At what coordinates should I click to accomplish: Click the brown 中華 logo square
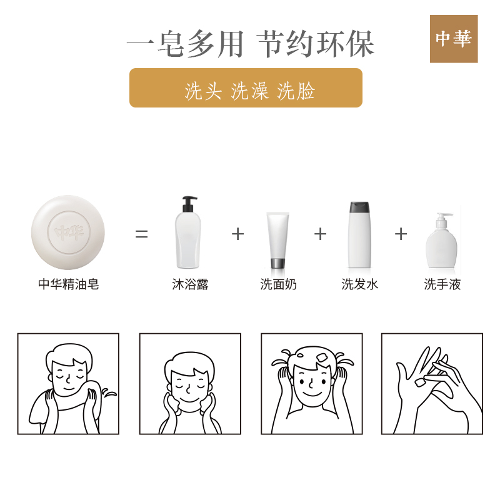click(454, 39)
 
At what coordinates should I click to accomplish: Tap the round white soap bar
click(68, 232)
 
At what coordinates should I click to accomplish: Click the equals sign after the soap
click(142, 234)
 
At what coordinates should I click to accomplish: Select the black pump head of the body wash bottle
click(189, 204)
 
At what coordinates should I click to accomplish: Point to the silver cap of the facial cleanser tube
click(277, 263)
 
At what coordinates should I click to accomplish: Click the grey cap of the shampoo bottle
click(359, 207)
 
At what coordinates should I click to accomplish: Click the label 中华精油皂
click(69, 284)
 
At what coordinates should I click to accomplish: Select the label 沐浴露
click(190, 284)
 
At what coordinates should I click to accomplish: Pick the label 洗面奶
click(278, 284)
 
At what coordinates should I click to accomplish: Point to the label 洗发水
click(360, 284)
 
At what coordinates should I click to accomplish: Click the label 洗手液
click(442, 284)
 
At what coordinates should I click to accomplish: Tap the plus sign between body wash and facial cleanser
click(238, 234)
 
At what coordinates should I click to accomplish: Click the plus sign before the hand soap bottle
click(401, 234)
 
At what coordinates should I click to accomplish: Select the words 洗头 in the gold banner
click(203, 91)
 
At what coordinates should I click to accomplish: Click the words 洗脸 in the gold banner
click(296, 91)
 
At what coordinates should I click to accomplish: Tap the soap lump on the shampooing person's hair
click(322, 357)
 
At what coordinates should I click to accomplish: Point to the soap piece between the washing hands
click(420, 382)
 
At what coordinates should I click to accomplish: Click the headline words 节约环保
click(316, 44)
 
